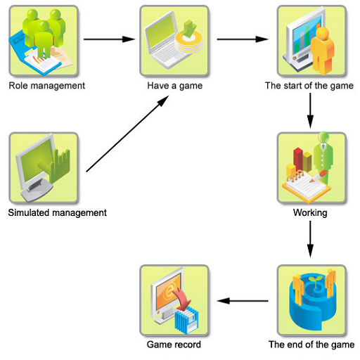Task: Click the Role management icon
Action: pos(44,41)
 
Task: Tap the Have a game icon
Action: pos(174,41)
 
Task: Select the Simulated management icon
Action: pos(44,168)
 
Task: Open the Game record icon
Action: pos(174,301)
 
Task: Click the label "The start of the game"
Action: pos(309,86)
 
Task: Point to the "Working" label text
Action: pos(310,213)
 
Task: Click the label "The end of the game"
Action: pos(311,345)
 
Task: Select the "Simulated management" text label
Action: pos(58,213)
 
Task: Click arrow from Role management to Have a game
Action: pos(109,39)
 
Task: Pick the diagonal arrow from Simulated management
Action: pos(127,134)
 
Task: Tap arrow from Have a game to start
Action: pos(243,39)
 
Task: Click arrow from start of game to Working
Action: pos(310,110)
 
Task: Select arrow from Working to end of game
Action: pos(310,239)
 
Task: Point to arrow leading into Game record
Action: pos(243,301)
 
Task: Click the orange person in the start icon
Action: pos(322,51)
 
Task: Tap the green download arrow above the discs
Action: pos(189,29)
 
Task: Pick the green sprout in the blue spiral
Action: pos(315,281)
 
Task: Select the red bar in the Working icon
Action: pos(298,159)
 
